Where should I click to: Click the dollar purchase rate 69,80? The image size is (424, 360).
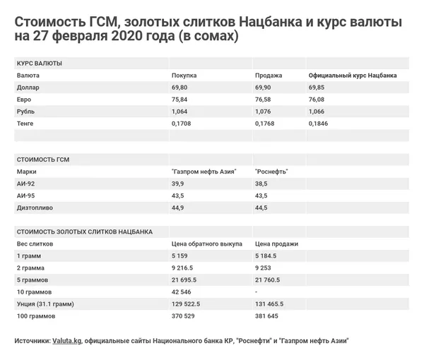[180, 87]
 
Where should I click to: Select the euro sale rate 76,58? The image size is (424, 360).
[262, 100]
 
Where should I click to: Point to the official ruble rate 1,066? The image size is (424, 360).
[317, 112]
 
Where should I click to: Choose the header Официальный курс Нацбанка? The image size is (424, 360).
[353, 75]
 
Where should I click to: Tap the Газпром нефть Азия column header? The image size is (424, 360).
[204, 172]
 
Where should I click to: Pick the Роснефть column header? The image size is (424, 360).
[271, 172]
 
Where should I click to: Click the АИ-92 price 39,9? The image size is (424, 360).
[178, 184]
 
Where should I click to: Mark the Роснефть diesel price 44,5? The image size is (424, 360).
[261, 208]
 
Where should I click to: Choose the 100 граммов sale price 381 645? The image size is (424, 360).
[266, 316]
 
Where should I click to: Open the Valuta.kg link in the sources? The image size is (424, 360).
[67, 340]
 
